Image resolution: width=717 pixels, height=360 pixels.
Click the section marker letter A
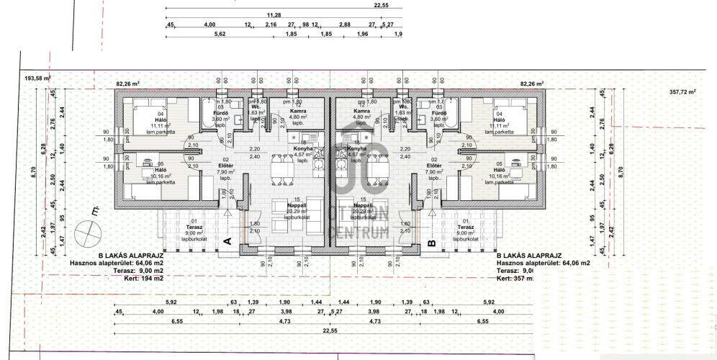pos(226,243)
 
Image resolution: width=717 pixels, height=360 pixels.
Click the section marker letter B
pos(431,243)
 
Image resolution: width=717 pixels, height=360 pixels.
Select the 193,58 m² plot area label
pos(40,78)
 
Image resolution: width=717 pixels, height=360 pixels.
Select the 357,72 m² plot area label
pos(682,92)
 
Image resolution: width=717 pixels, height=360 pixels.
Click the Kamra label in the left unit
pos(299,112)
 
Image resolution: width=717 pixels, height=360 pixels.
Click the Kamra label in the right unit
pos(362,112)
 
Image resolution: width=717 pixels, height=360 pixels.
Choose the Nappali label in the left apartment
pos(296,204)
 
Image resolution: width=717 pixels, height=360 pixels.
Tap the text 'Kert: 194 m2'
pos(137,278)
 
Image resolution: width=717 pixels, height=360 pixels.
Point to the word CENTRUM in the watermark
pos(358,230)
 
